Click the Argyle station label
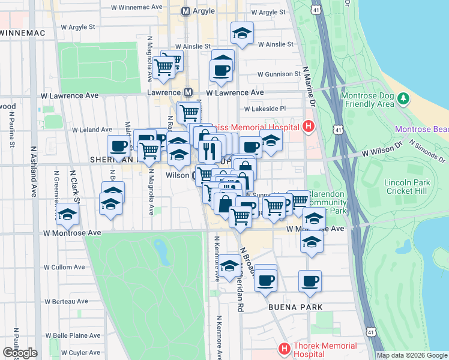[x=208, y=11]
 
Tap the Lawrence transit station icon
[x=188, y=92]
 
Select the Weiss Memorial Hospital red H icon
[x=309, y=126]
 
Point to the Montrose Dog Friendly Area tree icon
[x=404, y=98]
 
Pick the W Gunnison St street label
[x=279, y=74]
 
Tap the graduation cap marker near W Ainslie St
[x=242, y=34]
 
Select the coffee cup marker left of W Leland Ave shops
[x=119, y=146]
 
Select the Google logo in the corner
[x=20, y=353]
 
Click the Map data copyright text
[x=411, y=355]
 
